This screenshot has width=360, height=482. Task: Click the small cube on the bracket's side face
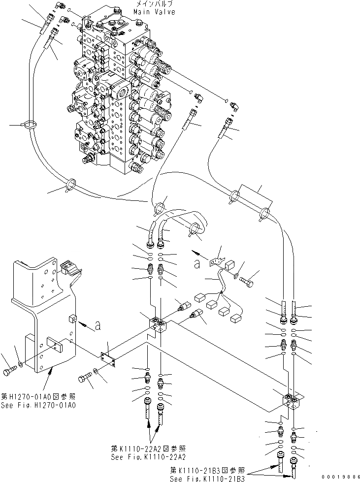[73, 320]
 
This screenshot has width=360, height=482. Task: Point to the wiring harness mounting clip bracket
[217, 261]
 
